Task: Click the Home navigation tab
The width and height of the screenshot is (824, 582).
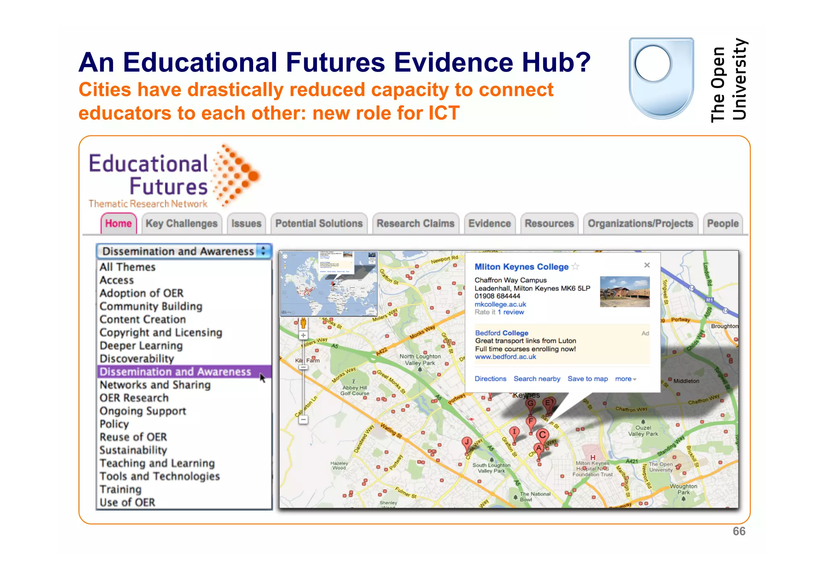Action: tap(118, 224)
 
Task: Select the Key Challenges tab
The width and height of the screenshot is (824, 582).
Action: tap(181, 224)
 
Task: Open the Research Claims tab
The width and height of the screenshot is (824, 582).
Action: tap(415, 224)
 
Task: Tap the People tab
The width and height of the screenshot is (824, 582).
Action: tap(723, 224)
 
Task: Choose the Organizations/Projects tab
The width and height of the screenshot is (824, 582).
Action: tap(640, 224)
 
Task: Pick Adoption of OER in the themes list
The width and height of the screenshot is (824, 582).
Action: tap(142, 293)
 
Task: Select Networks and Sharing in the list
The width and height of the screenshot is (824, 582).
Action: tap(155, 385)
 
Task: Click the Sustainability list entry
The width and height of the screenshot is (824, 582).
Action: tap(133, 450)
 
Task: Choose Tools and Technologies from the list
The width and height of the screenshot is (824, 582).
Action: tap(160, 476)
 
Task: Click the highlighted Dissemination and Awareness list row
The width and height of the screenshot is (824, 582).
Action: tap(175, 372)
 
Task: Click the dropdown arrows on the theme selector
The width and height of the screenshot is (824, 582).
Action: tap(264, 251)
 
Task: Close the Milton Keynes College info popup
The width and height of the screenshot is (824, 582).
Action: tap(647, 265)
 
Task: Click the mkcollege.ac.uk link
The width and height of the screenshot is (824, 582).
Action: tap(500, 304)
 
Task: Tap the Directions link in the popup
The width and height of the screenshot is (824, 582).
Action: tap(490, 379)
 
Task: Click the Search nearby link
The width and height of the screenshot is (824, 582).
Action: tap(537, 379)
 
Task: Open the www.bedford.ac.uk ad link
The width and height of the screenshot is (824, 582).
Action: tap(505, 357)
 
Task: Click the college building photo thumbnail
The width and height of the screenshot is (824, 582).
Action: tap(624, 292)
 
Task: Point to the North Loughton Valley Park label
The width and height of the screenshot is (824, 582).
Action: tap(420, 360)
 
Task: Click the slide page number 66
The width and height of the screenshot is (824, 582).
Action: tap(739, 531)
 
